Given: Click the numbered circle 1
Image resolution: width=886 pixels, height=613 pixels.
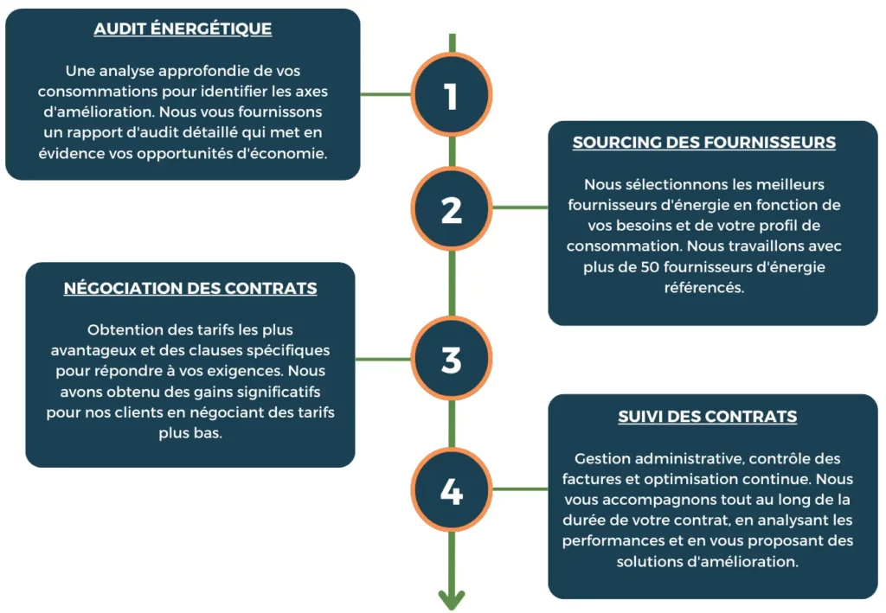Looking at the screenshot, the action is coord(451,94).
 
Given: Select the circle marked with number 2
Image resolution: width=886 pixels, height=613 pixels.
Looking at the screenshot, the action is coord(451,208).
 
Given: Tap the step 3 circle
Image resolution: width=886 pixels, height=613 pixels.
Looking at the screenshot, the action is coord(451,359).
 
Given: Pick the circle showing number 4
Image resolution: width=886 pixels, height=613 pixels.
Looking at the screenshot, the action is coord(451,489).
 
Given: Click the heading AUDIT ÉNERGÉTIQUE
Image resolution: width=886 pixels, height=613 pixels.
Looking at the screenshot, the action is coord(183,29).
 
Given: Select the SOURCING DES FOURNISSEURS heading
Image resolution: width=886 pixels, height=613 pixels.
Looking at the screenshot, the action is coord(704,143).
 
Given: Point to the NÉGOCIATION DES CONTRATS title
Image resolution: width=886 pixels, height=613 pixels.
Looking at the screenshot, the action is coord(189,288).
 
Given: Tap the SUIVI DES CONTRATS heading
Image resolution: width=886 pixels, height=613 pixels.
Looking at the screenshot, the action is coord(708,417).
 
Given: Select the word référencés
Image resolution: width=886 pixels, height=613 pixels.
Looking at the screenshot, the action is coord(704,287).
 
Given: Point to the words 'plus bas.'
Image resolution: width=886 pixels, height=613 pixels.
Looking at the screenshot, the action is coord(189,433).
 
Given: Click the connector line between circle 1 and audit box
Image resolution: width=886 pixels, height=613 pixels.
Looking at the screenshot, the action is coord(385,94).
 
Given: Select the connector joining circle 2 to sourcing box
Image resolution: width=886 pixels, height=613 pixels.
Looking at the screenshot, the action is coord(520,208).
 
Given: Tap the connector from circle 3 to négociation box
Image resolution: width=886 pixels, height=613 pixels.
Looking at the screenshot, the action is coord(383,359).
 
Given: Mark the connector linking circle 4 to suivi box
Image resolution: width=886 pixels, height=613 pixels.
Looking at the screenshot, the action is coord(520,488).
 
